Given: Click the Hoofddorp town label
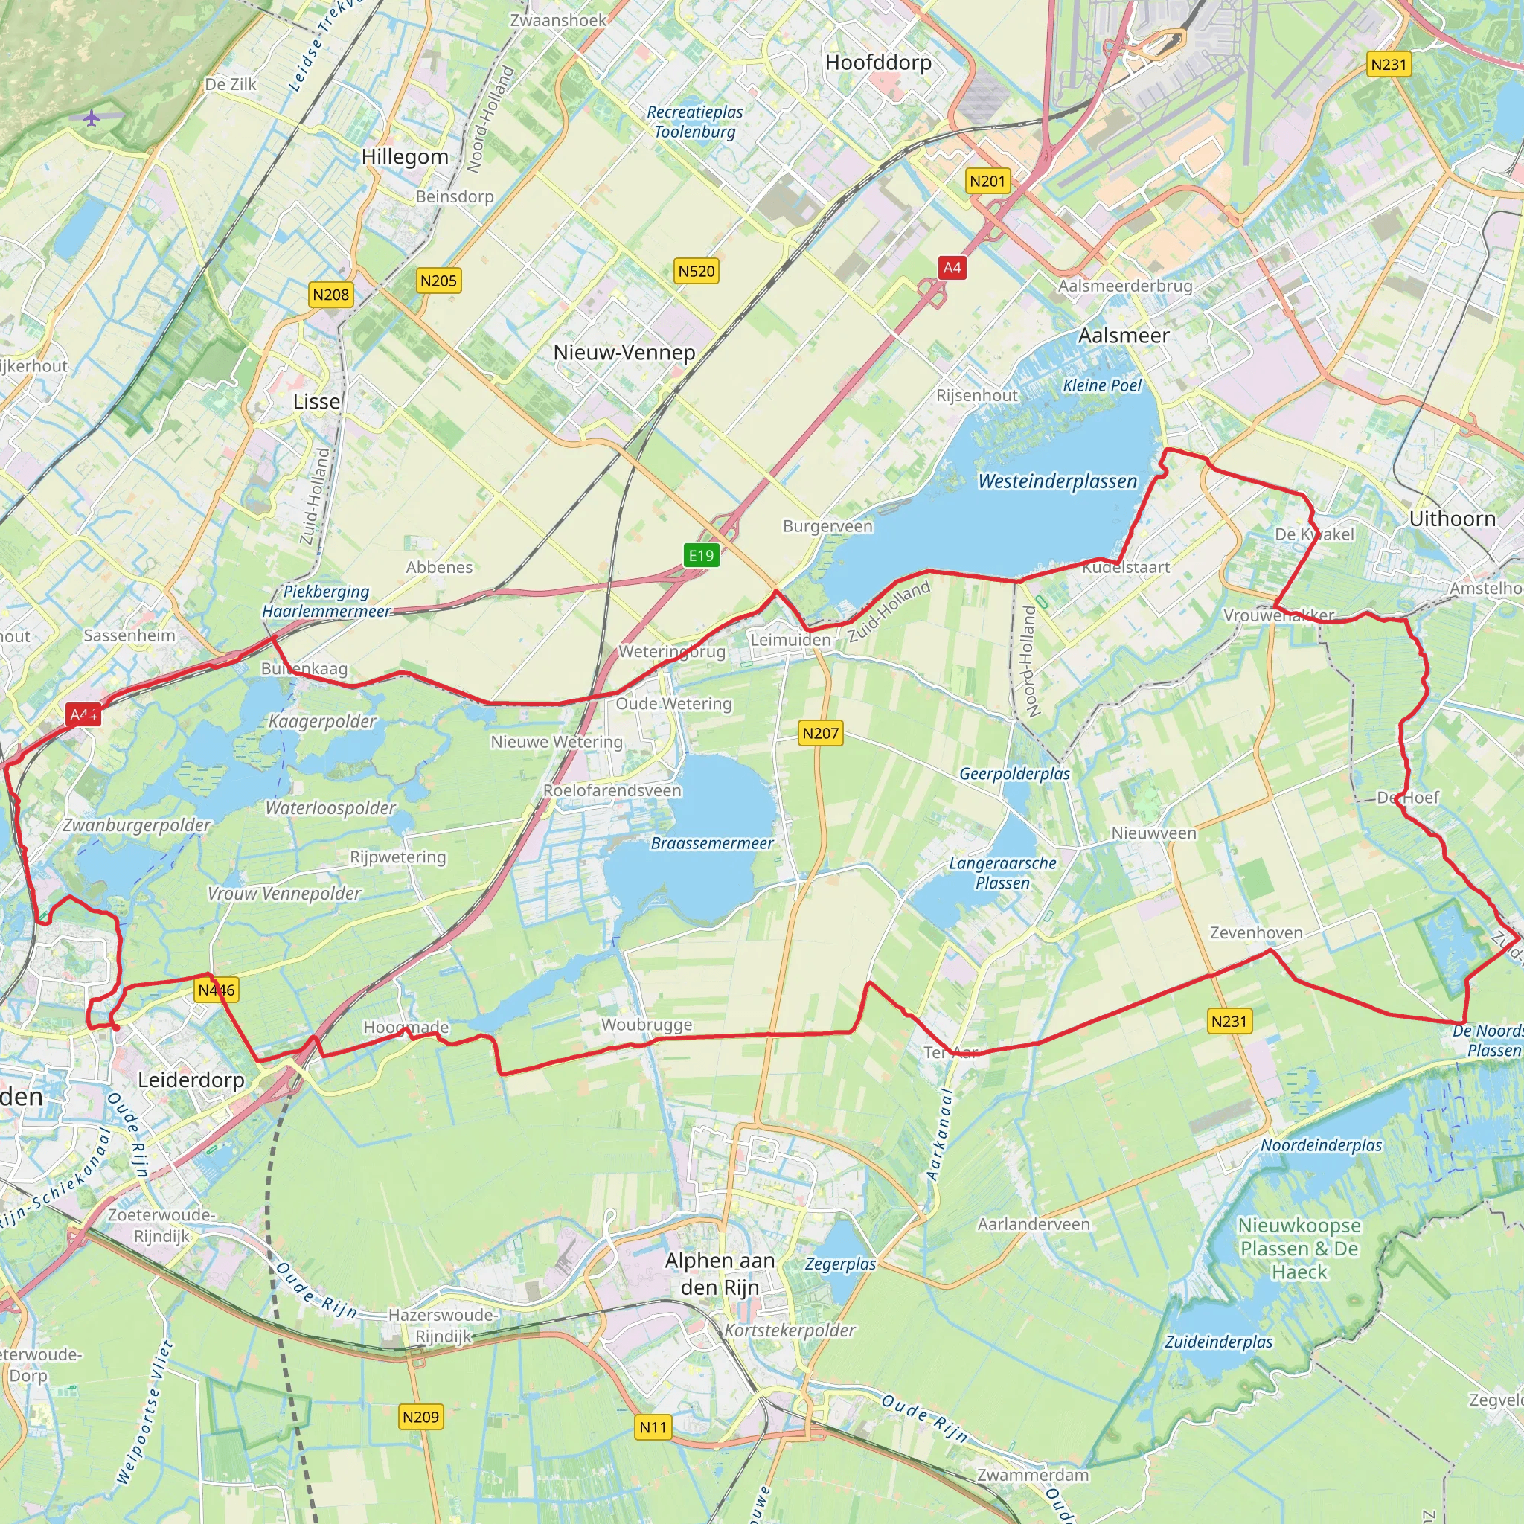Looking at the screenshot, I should point(878,63).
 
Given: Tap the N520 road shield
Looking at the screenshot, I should point(697,272).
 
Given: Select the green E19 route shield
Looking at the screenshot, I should point(700,555).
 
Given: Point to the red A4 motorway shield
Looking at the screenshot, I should point(952,267).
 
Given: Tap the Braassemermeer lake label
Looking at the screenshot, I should point(711,843).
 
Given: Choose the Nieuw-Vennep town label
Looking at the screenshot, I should point(624,353).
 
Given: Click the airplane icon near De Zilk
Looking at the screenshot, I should point(92,118).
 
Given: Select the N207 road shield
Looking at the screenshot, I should point(820,733).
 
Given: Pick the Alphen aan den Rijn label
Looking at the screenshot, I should point(720,1273).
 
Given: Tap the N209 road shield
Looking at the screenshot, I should point(420,1417).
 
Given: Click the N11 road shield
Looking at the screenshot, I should point(653,1427).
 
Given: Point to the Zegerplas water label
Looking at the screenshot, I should point(840,1264).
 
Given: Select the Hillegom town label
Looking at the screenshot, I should point(405,157).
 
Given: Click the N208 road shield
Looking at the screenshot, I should point(330,295).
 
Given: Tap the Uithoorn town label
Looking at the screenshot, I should point(1453,519).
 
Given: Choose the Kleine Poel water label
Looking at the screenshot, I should point(1102,385).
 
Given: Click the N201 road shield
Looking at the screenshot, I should point(987,182).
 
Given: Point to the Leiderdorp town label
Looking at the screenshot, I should point(191,1080).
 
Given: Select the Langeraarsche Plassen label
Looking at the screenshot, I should point(1002,873).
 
